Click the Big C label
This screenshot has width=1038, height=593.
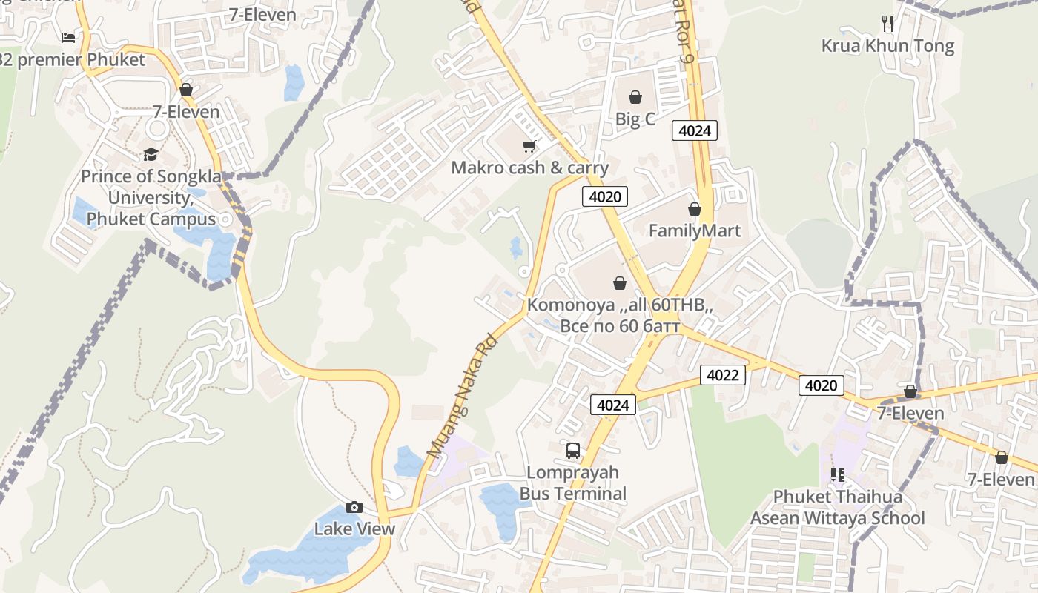[635, 119]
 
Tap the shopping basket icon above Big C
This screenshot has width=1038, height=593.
[635, 97]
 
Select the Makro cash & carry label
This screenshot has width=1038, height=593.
[529, 168]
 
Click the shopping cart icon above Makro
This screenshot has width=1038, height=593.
[529, 146]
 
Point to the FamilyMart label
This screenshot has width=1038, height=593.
[695, 231]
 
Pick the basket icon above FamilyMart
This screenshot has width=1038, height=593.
[695, 210]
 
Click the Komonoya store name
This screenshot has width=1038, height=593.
[620, 305]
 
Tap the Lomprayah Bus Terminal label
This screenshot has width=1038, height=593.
[573, 483]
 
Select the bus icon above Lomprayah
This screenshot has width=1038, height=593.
[573, 450]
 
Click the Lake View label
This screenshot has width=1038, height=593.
[354, 529]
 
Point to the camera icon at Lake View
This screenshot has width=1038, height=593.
[354, 508]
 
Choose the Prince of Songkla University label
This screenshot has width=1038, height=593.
[151, 198]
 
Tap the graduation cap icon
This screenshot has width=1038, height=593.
[151, 155]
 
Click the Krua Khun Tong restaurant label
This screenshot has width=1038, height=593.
[887, 46]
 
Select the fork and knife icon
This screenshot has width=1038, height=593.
[887, 24]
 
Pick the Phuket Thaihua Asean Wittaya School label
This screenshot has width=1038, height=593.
[838, 507]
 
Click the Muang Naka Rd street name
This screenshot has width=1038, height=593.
[462, 396]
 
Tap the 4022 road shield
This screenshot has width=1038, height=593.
[723, 375]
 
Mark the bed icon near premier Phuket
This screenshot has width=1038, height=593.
[68, 37]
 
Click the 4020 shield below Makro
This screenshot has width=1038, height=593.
[605, 196]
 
